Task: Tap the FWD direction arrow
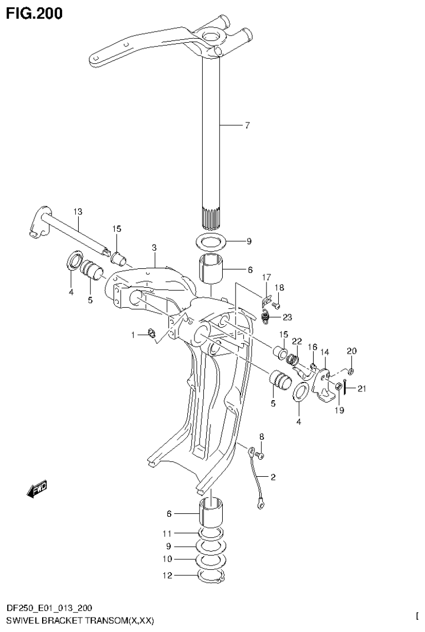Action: (37, 488)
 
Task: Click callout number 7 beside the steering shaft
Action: (247, 125)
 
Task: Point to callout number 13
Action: (77, 211)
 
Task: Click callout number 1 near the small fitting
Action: (133, 334)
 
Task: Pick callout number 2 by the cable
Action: (273, 476)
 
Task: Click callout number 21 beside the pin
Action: (362, 388)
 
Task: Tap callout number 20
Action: (352, 351)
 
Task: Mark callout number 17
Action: (267, 277)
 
